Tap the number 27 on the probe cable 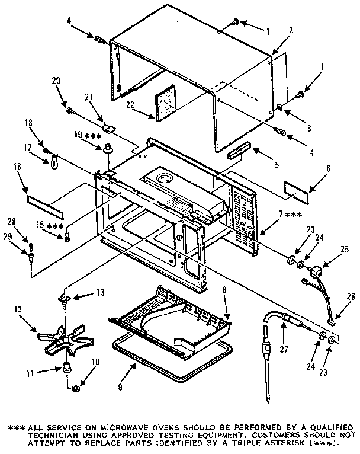pyautogui.click(x=283, y=349)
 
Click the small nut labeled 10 pyautogui.click(x=77, y=389)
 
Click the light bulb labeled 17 pyautogui.click(x=53, y=161)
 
